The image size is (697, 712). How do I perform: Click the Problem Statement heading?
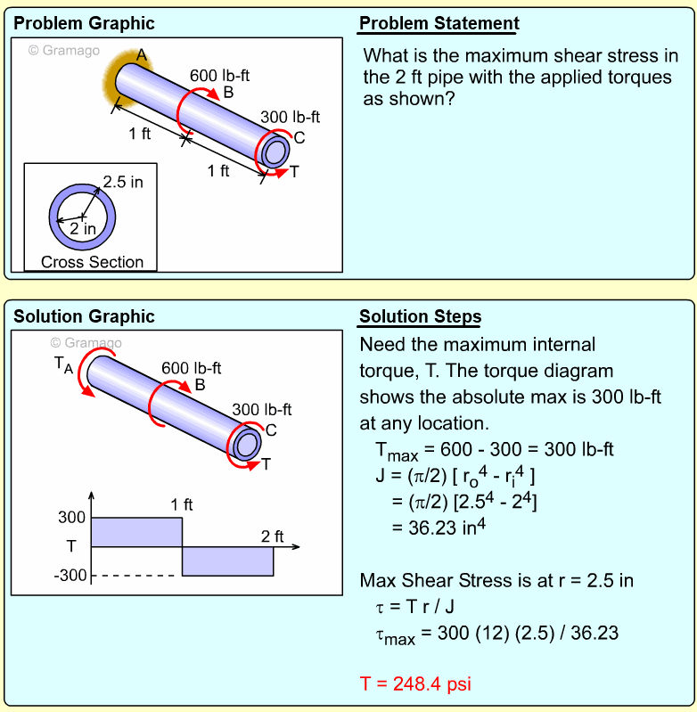coord(439,23)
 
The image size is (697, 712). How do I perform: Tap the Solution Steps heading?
coord(420,316)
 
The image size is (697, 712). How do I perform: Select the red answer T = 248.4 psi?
coord(415,683)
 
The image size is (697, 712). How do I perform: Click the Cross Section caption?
coord(92,262)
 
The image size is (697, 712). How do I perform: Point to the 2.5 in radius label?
coord(123,182)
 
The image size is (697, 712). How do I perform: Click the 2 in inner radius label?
coord(83,229)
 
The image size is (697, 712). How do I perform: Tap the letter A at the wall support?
coord(142,55)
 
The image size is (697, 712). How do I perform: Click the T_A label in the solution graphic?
coord(63,365)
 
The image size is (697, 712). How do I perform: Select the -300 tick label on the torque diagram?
coord(70,576)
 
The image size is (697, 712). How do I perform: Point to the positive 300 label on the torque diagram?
coord(71,517)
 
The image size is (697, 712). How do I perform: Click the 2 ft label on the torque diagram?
coord(273,536)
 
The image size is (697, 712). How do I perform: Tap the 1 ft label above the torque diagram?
coord(182,504)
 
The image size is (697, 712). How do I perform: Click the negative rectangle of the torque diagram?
coord(228,561)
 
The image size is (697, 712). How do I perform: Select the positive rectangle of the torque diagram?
coord(136,532)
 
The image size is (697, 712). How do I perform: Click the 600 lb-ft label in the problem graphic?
coord(220,76)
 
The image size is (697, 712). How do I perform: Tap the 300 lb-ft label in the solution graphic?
coord(261,410)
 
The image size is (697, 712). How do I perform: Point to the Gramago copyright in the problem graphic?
coord(64,51)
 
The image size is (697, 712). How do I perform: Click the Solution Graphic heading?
coord(84,316)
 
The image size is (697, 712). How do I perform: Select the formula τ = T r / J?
coord(414,607)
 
